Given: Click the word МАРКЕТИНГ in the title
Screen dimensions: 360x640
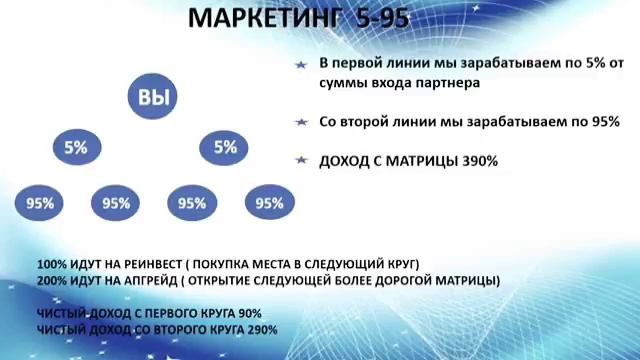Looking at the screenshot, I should coord(261,18).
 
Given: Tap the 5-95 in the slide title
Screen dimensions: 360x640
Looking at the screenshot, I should coord(378,18).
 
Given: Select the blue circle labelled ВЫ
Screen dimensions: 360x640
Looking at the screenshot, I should coord(151,97).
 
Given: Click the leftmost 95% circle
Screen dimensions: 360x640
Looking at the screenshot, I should coord(40,203).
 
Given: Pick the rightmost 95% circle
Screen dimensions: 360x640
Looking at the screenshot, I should coord(269,203).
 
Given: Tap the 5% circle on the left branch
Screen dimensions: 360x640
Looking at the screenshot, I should coord(76,147).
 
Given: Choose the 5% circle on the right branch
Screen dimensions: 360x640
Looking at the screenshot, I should coord(225,147).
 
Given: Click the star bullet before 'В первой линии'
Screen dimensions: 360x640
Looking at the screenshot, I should coord(300,63).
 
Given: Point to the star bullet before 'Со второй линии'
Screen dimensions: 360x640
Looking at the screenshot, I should coord(300,122).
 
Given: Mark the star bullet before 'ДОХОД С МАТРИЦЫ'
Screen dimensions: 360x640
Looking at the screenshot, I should coord(300,160).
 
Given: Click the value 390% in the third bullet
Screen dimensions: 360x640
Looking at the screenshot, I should coord(480,160).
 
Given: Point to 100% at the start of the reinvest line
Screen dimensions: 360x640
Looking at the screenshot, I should coord(51,264).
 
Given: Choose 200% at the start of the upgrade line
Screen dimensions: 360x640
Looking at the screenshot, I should coord(51,281).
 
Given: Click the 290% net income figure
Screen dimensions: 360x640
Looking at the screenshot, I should coord(263,329).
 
